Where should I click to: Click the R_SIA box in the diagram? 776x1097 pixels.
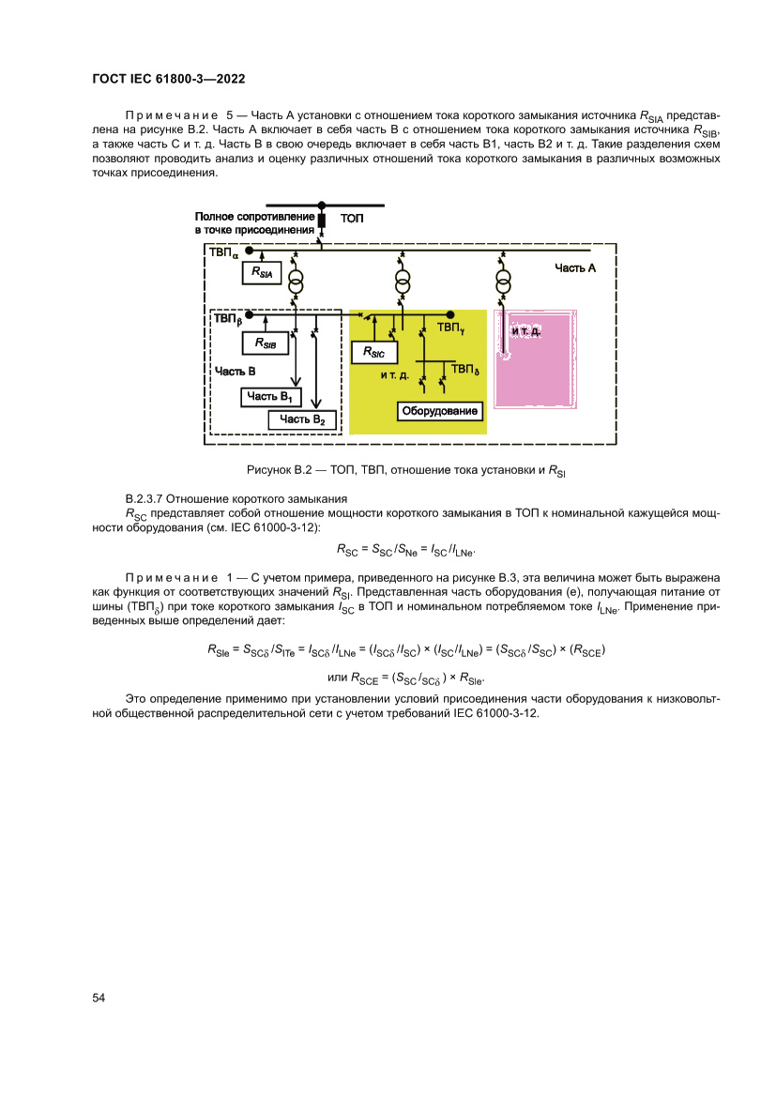pyautogui.click(x=262, y=273)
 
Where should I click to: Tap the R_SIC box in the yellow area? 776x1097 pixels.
pyautogui.click(x=373, y=352)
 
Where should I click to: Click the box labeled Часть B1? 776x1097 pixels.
pyautogui.click(x=269, y=398)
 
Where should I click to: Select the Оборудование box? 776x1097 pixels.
pyautogui.click(x=440, y=411)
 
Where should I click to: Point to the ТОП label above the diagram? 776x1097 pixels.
pyautogui.click(x=352, y=219)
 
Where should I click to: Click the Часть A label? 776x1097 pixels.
pyautogui.click(x=574, y=268)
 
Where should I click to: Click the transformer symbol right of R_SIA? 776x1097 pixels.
pyautogui.click(x=297, y=282)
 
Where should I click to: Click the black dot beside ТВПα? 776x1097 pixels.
pyautogui.click(x=250, y=251)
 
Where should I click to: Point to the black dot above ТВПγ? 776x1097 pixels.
pyautogui.click(x=451, y=315)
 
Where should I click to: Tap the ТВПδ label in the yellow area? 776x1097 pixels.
pyautogui.click(x=465, y=370)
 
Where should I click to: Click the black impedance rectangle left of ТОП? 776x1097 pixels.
pyautogui.click(x=321, y=221)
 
